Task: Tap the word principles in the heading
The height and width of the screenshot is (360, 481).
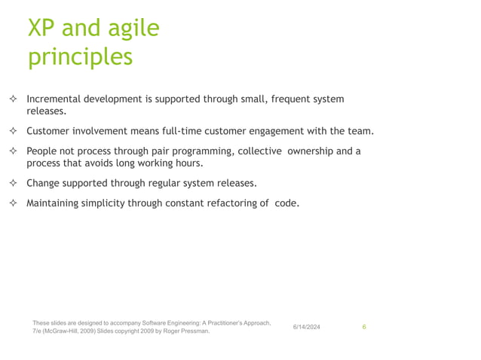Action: pyautogui.click(x=80, y=57)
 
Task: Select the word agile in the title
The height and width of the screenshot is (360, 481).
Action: pyautogui.click(x=133, y=29)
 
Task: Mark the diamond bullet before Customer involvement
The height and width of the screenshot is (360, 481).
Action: pyautogui.click(x=14, y=132)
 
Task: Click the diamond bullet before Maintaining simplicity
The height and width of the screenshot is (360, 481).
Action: pyautogui.click(x=14, y=203)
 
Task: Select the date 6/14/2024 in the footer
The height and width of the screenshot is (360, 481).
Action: pyautogui.click(x=307, y=327)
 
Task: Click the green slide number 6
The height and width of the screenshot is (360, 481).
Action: pyautogui.click(x=364, y=327)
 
